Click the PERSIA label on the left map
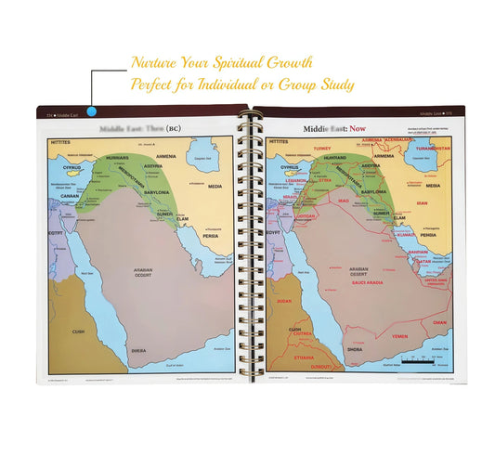[x=212, y=236]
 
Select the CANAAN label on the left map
[x=70, y=196]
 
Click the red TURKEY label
[x=322, y=149]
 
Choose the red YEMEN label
[x=397, y=337]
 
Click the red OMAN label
[x=439, y=322]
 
